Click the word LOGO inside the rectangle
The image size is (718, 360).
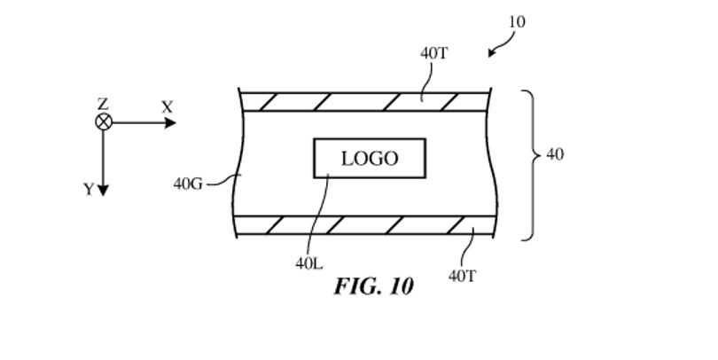point(370,159)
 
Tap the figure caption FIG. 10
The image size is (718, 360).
point(374,286)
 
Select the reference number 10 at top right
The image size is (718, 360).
point(517,22)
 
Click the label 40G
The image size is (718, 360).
point(188,184)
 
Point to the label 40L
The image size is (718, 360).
point(309,264)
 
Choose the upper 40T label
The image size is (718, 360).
point(434,53)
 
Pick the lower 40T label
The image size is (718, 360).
point(463,276)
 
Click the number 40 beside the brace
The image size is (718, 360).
point(555,155)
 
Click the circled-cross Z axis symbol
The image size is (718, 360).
point(104,122)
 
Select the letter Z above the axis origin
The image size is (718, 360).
point(103,104)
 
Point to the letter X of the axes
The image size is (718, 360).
point(168,107)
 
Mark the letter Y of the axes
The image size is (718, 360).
point(89,189)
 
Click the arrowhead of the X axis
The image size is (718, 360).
point(170,122)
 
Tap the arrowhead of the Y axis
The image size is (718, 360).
point(103,191)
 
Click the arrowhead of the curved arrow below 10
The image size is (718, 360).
point(491,52)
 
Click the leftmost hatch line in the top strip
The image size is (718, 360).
point(268,102)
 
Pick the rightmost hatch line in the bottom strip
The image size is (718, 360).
point(456,225)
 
